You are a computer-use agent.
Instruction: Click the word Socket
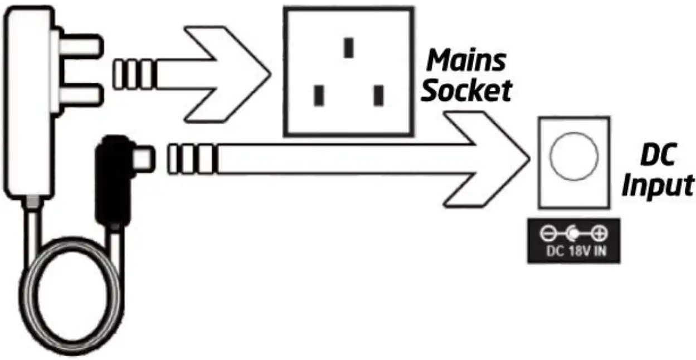466,91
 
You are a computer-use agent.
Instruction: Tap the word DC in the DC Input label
658,157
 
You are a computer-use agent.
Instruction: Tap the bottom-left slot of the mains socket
319,95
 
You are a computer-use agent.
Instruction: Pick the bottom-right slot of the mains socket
379,95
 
